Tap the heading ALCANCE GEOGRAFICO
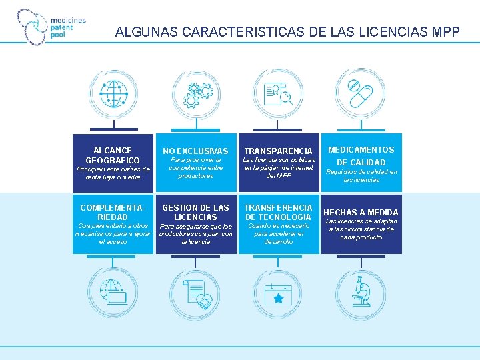[113, 155]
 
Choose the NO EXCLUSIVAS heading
[195, 151]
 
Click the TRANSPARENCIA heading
[278, 151]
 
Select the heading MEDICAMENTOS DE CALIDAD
[361, 156]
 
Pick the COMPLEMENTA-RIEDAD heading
[113, 213]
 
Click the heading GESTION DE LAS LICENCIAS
[195, 213]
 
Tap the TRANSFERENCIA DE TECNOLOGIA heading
[278, 213]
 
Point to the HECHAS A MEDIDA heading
[361, 213]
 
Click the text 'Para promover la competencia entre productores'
[195, 168]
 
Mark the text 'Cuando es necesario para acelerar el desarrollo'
[278, 233]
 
